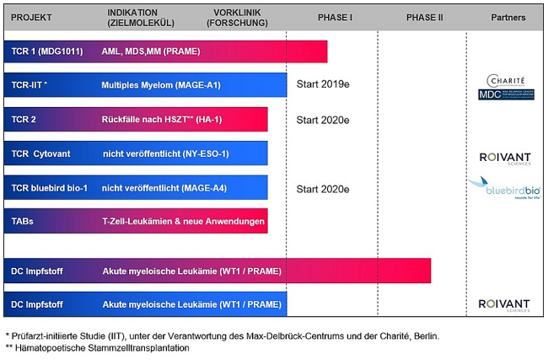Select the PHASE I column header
[335, 18]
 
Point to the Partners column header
[508, 18]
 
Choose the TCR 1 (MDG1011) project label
[47, 51]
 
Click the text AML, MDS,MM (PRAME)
[150, 51]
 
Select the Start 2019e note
[322, 85]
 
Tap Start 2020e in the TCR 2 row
[322, 120]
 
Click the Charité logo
[506, 80]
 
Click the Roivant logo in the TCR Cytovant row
[504, 157]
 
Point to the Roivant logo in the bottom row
[504, 304]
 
